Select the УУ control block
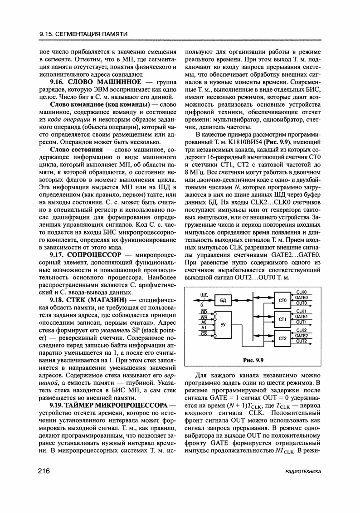[223, 325]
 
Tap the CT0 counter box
[282, 300]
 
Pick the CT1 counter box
[282, 319]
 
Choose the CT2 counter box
[282, 338]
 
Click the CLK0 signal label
[302, 292]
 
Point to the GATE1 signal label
[302, 317]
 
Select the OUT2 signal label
[302, 341]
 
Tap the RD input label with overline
[204, 312]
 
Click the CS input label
[204, 333]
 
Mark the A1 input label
[204, 327]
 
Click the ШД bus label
[203, 295]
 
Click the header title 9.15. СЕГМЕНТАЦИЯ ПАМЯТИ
[83, 34]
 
